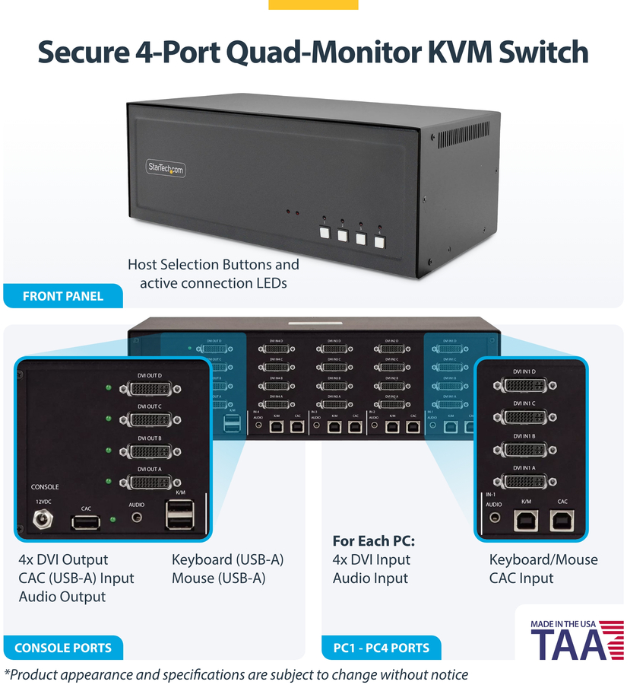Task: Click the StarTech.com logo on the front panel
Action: tap(166, 169)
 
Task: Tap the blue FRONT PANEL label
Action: tap(63, 296)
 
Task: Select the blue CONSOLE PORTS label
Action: tap(63, 648)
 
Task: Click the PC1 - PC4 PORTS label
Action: tap(382, 648)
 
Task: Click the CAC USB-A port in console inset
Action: tap(86, 522)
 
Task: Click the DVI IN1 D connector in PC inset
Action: tap(524, 385)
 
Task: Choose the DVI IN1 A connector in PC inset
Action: tap(524, 482)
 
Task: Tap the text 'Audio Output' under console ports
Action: tap(62, 596)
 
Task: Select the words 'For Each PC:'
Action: tap(373, 541)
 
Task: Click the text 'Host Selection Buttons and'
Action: tap(213, 265)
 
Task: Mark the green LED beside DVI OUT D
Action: tap(109, 387)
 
